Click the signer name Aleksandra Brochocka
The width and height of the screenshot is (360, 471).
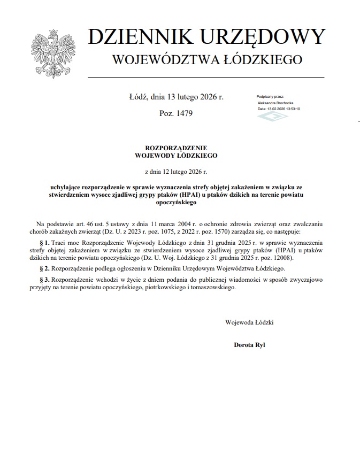tap(275, 102)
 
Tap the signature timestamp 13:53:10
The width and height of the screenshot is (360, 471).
tap(292, 108)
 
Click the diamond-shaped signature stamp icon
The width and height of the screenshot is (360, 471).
tap(272, 116)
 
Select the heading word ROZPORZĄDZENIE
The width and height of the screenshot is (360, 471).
tap(176, 148)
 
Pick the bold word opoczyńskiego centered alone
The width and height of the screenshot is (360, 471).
tap(176, 203)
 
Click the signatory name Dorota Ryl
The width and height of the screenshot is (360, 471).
tap(249, 344)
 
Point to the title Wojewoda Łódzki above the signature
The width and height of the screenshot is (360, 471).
tap(249, 322)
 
